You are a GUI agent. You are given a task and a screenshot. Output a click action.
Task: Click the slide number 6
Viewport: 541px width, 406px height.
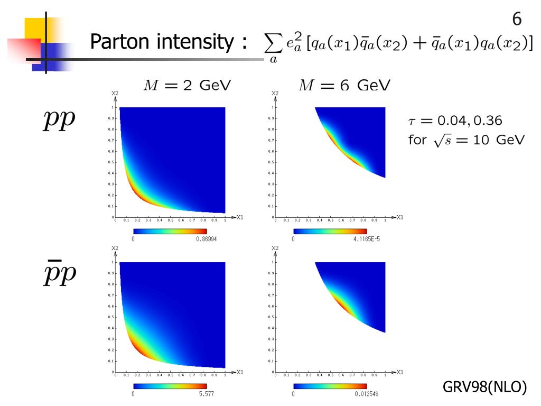click(x=517, y=20)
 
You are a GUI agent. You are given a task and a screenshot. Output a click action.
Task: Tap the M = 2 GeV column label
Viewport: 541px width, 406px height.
click(x=187, y=85)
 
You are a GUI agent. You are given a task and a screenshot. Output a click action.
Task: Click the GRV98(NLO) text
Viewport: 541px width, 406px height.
click(x=484, y=387)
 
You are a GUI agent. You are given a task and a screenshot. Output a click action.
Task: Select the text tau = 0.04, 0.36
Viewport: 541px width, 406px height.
click(x=455, y=121)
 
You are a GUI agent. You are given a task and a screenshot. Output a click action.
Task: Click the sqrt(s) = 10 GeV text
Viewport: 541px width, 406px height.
click(x=467, y=140)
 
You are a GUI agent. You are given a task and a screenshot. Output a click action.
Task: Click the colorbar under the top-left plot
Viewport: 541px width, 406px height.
click(x=170, y=231)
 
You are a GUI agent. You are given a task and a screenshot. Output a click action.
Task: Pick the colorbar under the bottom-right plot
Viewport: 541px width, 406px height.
click(x=330, y=386)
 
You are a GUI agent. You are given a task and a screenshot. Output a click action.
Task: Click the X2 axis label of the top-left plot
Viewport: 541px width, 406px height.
click(x=115, y=94)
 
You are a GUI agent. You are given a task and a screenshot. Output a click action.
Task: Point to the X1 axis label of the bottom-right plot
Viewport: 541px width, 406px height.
click(x=399, y=372)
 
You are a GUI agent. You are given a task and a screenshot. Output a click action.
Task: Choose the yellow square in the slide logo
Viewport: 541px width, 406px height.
click(x=37, y=29)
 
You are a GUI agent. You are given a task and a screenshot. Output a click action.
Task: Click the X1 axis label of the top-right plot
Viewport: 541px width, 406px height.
click(x=399, y=217)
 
